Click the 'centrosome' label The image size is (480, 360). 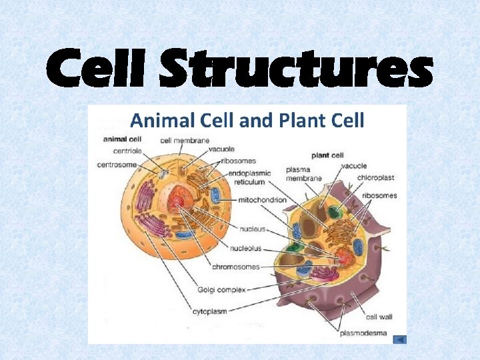(117, 165)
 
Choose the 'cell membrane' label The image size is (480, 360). (185, 140)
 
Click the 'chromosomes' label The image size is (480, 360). (236, 267)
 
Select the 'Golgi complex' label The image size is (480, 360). (221, 289)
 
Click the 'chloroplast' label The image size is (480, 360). (377, 177)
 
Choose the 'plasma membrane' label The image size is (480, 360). (303, 174)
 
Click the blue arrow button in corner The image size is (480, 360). (399, 339)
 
